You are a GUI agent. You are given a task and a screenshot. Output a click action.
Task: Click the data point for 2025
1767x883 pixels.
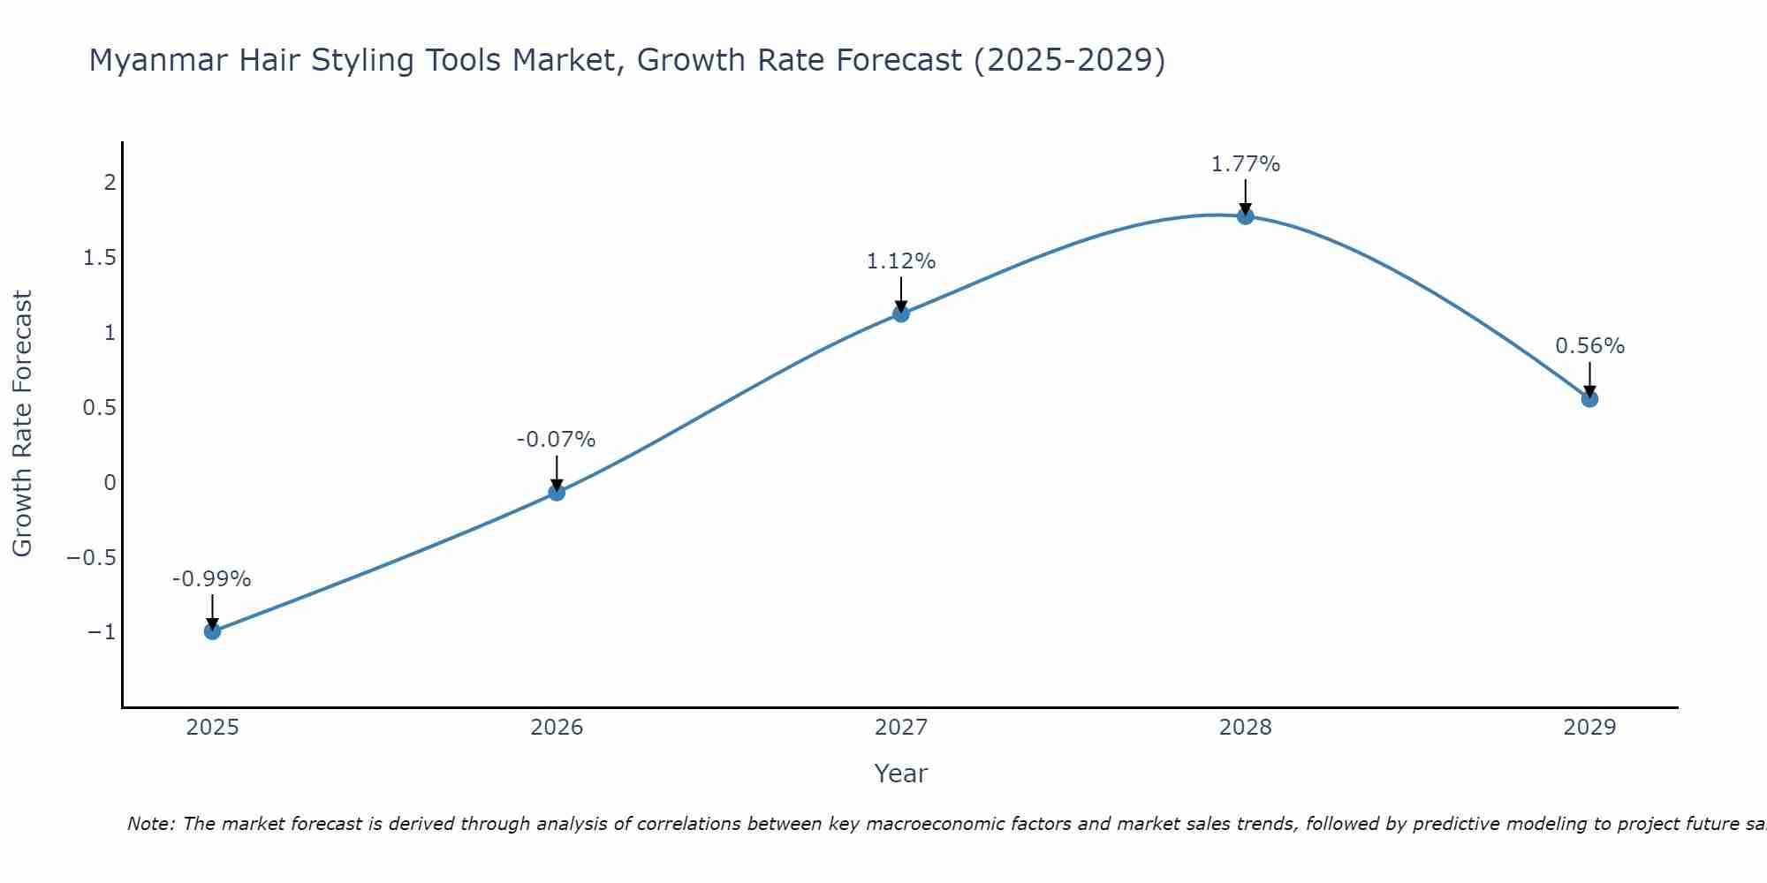[212, 631]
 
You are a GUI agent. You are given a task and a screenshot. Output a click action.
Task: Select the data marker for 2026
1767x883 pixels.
[557, 493]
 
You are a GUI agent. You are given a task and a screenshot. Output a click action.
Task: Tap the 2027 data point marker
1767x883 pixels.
[901, 313]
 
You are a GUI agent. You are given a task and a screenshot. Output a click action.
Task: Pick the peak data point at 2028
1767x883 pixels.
[1246, 216]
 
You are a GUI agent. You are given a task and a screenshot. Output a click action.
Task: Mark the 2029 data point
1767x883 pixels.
[1589, 399]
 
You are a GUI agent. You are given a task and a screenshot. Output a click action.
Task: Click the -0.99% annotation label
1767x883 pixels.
[212, 579]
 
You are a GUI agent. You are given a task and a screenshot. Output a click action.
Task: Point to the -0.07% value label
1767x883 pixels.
[557, 440]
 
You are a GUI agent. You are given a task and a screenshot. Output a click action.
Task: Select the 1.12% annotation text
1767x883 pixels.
[901, 261]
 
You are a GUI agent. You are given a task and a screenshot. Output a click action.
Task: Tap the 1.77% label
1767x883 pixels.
[1246, 164]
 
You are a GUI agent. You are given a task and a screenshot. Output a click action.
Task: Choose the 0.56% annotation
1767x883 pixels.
[1589, 346]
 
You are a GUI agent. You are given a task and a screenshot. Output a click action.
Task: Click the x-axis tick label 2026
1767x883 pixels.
[557, 728]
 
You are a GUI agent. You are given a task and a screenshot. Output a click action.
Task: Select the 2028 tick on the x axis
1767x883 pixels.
[1246, 728]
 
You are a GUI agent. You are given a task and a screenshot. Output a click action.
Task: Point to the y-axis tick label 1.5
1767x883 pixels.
[100, 258]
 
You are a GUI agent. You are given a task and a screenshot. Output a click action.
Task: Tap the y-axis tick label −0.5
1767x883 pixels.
[92, 557]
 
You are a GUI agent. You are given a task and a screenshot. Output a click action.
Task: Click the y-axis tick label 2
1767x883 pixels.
[110, 183]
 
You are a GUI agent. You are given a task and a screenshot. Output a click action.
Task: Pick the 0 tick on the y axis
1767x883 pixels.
[110, 482]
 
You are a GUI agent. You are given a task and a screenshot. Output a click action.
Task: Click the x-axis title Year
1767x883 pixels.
[900, 774]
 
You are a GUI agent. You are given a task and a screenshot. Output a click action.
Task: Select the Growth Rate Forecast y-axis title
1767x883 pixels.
[22, 424]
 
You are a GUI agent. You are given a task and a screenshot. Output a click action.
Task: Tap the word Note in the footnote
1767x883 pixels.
[151, 824]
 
